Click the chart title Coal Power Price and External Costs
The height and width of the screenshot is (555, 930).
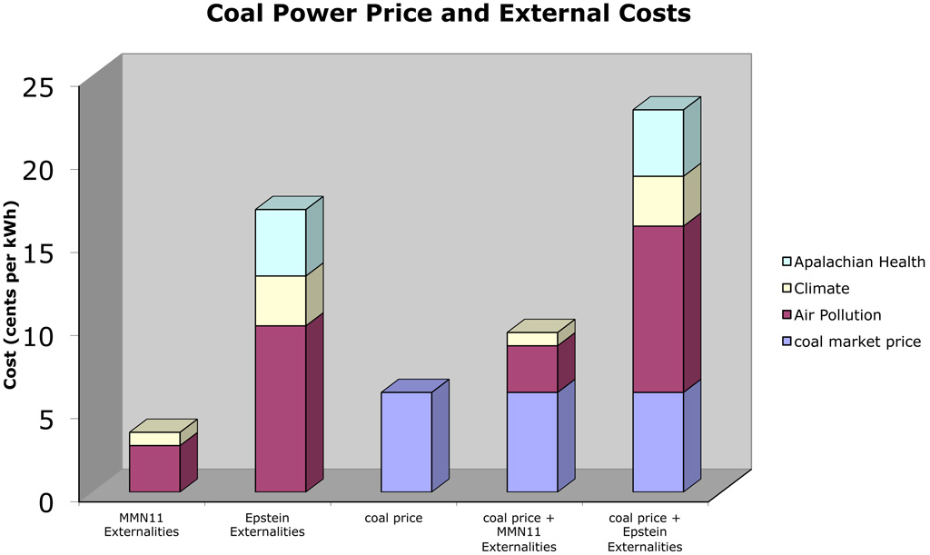pos(448,15)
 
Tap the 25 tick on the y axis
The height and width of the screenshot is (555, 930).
pos(40,87)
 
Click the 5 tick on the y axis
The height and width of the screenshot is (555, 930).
pos(47,419)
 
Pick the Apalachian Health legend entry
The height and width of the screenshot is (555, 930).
pos(851,263)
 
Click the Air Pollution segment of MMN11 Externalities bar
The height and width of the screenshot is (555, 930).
pos(154,468)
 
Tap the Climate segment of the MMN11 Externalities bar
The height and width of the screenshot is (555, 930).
pos(154,439)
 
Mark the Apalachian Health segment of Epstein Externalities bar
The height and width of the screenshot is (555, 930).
pos(280,243)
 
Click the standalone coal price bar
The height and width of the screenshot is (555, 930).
pos(406,441)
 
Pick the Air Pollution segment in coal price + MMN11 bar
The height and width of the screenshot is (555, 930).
pos(531,368)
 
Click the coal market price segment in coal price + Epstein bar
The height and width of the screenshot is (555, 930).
pos(658,441)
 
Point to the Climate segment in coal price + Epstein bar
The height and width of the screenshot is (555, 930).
pos(658,201)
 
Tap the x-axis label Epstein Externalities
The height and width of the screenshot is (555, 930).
pos(280,525)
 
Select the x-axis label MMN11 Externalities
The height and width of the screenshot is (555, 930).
pos(142,525)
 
